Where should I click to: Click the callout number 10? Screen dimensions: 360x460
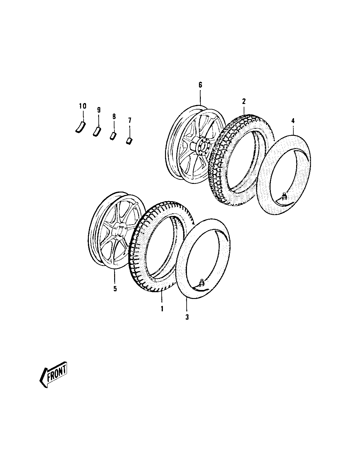click(x=82, y=106)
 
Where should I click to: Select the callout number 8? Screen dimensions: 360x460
click(x=114, y=116)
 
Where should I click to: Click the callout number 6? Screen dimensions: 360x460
click(x=200, y=85)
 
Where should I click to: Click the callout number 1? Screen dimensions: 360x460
click(x=161, y=308)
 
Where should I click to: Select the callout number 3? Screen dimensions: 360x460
click(x=187, y=317)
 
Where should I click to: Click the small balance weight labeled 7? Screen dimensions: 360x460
click(x=130, y=141)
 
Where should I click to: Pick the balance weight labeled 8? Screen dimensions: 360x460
click(x=113, y=136)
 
